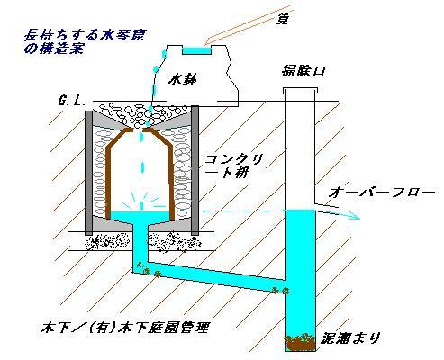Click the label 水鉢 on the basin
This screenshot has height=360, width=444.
click(183, 79)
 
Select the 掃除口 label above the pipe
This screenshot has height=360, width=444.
click(303, 71)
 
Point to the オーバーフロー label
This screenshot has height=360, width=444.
click(381, 192)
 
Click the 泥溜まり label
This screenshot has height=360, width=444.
click(350, 337)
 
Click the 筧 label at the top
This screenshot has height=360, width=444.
click(282, 19)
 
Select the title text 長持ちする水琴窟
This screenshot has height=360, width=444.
click(84, 35)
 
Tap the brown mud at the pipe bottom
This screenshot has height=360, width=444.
click(301, 342)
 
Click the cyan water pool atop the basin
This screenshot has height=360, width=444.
click(197, 50)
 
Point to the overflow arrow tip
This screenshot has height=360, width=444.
click(359, 218)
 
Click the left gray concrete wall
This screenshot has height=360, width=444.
click(88, 173)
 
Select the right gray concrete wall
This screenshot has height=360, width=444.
click(195, 170)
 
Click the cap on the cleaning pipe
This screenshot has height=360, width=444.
click(300, 89)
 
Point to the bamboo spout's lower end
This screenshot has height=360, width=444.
click(206, 44)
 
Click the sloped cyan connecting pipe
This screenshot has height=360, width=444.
click(210, 276)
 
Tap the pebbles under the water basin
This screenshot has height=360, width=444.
click(141, 115)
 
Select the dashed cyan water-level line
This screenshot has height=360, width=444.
click(243, 211)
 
